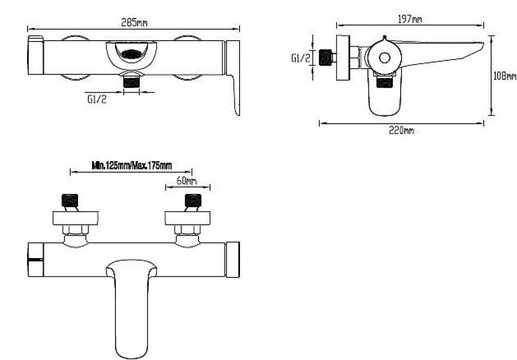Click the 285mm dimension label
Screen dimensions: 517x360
coord(134,23)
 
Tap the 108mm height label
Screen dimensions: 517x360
coord(505,76)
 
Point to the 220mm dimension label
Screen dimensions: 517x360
coord(401,130)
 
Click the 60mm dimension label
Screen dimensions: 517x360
coord(186,180)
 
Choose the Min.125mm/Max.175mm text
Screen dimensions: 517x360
coord(132,165)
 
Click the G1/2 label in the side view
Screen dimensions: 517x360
coord(301,58)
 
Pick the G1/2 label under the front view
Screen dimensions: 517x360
coord(97,99)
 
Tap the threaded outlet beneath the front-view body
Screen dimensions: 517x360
coord(132,81)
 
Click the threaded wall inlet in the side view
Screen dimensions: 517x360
coord(326,57)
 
